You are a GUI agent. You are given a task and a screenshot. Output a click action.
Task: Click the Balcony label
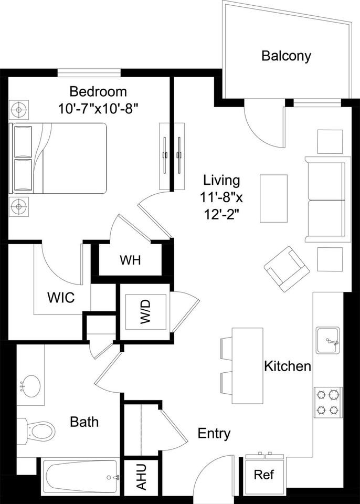click(x=286, y=56)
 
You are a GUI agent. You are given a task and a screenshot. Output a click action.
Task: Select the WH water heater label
click(x=130, y=260)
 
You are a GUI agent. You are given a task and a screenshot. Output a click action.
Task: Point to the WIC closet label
click(x=61, y=298)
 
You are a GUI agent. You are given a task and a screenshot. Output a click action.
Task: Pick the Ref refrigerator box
click(x=263, y=475)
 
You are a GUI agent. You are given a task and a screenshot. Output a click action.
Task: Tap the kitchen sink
click(x=327, y=341)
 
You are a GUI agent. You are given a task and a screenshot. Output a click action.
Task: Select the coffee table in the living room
click(x=273, y=199)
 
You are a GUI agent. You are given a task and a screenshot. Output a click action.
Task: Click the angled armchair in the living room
click(x=287, y=269)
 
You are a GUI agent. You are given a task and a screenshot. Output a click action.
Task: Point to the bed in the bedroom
click(x=59, y=157)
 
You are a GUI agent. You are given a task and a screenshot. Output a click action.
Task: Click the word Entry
click(x=214, y=434)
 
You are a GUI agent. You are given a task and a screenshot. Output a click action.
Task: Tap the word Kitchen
click(x=288, y=366)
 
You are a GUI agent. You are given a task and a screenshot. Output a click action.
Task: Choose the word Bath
click(x=84, y=421)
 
